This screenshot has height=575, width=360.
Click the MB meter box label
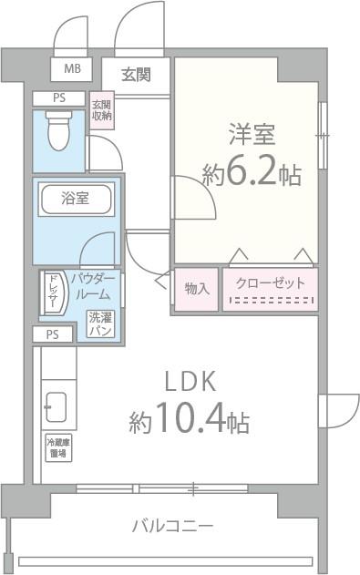[x=70, y=68]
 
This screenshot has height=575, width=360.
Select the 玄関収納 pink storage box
[x=101, y=110]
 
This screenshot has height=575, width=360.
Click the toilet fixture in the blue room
[x=59, y=131]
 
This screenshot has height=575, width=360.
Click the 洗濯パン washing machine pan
[x=99, y=323]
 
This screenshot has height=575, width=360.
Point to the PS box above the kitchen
[x=53, y=334]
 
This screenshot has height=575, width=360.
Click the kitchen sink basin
[x=57, y=406]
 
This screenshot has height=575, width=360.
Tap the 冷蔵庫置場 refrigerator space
[x=59, y=447]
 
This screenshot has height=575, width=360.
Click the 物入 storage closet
[x=196, y=288]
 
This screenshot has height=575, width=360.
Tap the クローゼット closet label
[x=271, y=283]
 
